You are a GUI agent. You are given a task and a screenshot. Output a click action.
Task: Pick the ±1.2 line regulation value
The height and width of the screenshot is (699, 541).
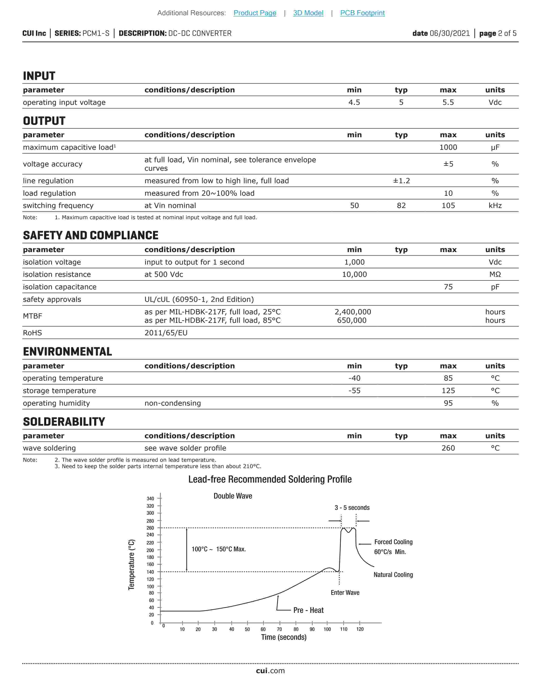[x=401, y=181]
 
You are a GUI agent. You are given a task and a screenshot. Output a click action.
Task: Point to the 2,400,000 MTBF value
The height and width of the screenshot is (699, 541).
[x=353, y=312]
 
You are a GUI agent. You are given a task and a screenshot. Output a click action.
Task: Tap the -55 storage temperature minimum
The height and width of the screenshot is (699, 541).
[x=354, y=391]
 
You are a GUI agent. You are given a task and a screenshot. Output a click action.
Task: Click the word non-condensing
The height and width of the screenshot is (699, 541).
[x=172, y=403]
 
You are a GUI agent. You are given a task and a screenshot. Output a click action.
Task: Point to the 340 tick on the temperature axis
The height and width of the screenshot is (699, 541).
[x=150, y=499]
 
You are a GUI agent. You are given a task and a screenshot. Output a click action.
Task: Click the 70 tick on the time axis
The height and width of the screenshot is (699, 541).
[x=279, y=629]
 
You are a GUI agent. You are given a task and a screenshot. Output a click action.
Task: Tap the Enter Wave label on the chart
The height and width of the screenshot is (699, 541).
[x=345, y=593]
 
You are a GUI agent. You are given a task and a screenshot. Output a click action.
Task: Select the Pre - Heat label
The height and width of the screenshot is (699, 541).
[x=308, y=610]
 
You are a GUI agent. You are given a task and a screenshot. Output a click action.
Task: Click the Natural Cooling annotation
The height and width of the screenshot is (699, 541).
[x=393, y=575]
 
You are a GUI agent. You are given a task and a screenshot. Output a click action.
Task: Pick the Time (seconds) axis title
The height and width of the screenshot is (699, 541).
[x=284, y=637]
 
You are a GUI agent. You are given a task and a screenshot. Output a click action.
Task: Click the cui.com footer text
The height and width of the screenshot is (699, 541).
[x=270, y=671]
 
